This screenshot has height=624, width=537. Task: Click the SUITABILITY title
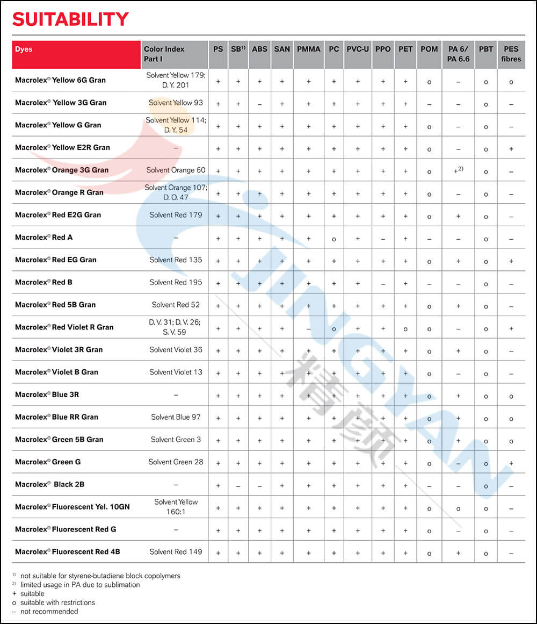[70, 19]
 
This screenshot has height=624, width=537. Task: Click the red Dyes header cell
[76, 54]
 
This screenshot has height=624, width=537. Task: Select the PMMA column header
[309, 49]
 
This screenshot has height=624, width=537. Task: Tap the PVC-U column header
[357, 49]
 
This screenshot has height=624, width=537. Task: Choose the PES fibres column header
[511, 54]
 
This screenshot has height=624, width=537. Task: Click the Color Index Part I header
[164, 54]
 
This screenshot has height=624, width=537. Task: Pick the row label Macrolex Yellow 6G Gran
[60, 80]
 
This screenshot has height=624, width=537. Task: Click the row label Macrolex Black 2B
[50, 484]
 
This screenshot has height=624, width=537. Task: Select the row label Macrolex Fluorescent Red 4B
[68, 552]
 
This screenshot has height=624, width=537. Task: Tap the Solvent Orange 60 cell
[176, 170]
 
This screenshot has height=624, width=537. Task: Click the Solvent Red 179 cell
[176, 215]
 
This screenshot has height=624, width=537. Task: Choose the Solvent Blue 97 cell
[176, 417]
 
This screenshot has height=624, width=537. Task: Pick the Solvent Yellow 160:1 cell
[176, 507]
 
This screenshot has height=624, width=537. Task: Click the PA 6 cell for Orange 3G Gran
[458, 170]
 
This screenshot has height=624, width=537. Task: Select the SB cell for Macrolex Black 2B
[238, 485]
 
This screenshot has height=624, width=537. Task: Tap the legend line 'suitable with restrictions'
[57, 603]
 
